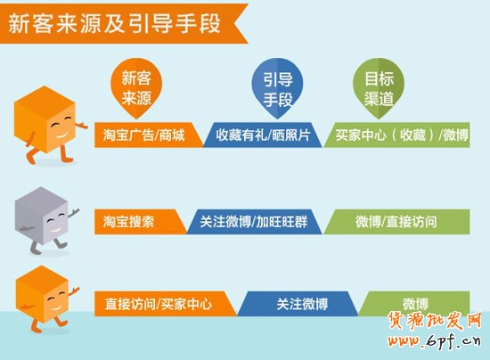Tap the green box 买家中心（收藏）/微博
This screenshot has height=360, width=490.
401,135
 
